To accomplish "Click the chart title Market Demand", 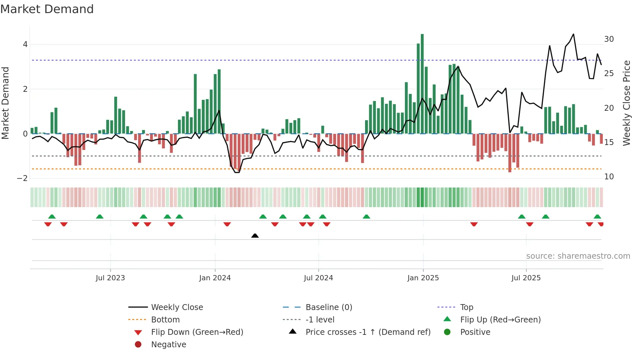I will click(47, 9).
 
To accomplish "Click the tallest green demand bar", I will click(422, 84).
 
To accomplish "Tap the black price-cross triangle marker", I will click(255, 236).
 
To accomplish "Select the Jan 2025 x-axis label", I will click(423, 278).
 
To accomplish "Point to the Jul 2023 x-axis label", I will click(110, 278).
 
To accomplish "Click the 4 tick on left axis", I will click(25, 44).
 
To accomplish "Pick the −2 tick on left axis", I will click(23, 178).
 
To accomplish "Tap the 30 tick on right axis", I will click(609, 39).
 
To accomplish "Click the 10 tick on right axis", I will click(609, 177).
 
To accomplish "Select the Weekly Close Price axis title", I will click(626, 103).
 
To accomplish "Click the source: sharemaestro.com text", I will click(578, 256).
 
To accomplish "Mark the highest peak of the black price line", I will click(573, 34).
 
